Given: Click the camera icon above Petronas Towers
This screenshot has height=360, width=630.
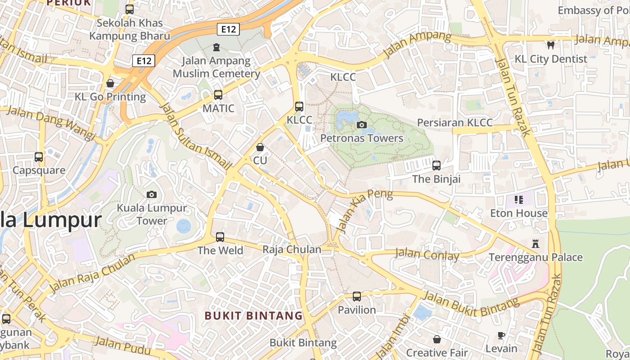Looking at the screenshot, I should [x=361, y=125].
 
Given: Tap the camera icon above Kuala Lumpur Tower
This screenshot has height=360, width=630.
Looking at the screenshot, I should [x=152, y=194].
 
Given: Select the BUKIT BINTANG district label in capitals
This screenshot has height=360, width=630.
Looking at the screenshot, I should [x=254, y=315].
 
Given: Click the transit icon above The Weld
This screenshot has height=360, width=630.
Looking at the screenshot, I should [x=220, y=237].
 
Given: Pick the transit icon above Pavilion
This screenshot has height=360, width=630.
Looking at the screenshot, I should [x=357, y=297].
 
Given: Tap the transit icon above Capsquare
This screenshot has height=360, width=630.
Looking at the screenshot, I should [x=39, y=157].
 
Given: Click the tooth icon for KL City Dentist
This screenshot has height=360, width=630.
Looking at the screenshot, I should [x=550, y=45].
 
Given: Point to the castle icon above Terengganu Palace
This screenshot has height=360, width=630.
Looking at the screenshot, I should [x=535, y=244].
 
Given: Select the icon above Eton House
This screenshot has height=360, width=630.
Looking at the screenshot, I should [x=518, y=199].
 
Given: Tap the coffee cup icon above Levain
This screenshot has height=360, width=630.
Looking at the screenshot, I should [x=501, y=335].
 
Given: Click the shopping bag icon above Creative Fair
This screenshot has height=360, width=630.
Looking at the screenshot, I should [x=436, y=339].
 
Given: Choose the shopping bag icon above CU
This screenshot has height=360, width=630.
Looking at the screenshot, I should [x=260, y=147].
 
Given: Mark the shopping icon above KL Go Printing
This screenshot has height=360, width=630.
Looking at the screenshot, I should [x=110, y=83].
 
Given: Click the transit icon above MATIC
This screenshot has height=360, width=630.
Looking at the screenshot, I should [x=218, y=94].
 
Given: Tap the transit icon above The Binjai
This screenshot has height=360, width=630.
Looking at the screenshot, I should [x=436, y=165].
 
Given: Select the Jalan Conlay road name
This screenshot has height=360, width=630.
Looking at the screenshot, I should [x=427, y=255].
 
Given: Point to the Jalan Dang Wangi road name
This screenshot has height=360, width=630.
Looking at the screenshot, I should [x=52, y=123].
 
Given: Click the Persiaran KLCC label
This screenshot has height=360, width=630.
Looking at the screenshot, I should [x=454, y=122].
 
